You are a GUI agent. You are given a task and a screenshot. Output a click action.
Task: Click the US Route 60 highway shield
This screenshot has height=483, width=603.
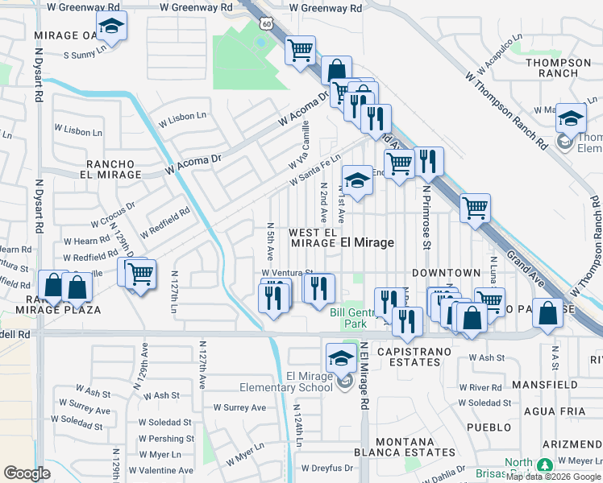267,24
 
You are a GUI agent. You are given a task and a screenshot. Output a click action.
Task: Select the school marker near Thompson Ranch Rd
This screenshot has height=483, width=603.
571,120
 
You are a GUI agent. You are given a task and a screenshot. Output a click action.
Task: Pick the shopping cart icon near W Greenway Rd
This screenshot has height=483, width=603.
301,51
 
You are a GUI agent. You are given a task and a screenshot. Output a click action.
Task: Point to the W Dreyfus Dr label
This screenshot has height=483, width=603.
326,468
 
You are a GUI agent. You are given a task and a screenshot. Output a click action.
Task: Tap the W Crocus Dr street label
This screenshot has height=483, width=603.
113,213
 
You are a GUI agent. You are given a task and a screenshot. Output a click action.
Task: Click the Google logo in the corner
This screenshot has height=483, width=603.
27,473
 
